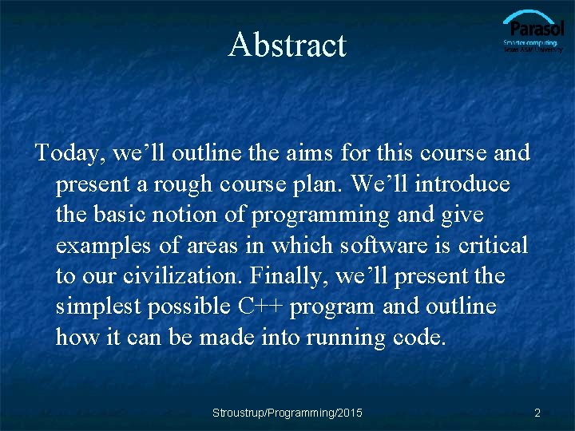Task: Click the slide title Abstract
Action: (x=287, y=45)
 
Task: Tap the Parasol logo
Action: (x=533, y=33)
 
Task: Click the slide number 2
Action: (x=537, y=413)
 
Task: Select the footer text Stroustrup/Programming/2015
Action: (x=287, y=413)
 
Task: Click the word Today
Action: (x=69, y=152)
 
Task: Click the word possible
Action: (x=192, y=306)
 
